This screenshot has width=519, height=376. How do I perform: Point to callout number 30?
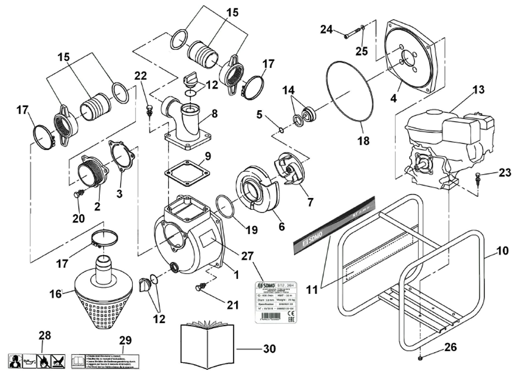[x=269, y=349]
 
